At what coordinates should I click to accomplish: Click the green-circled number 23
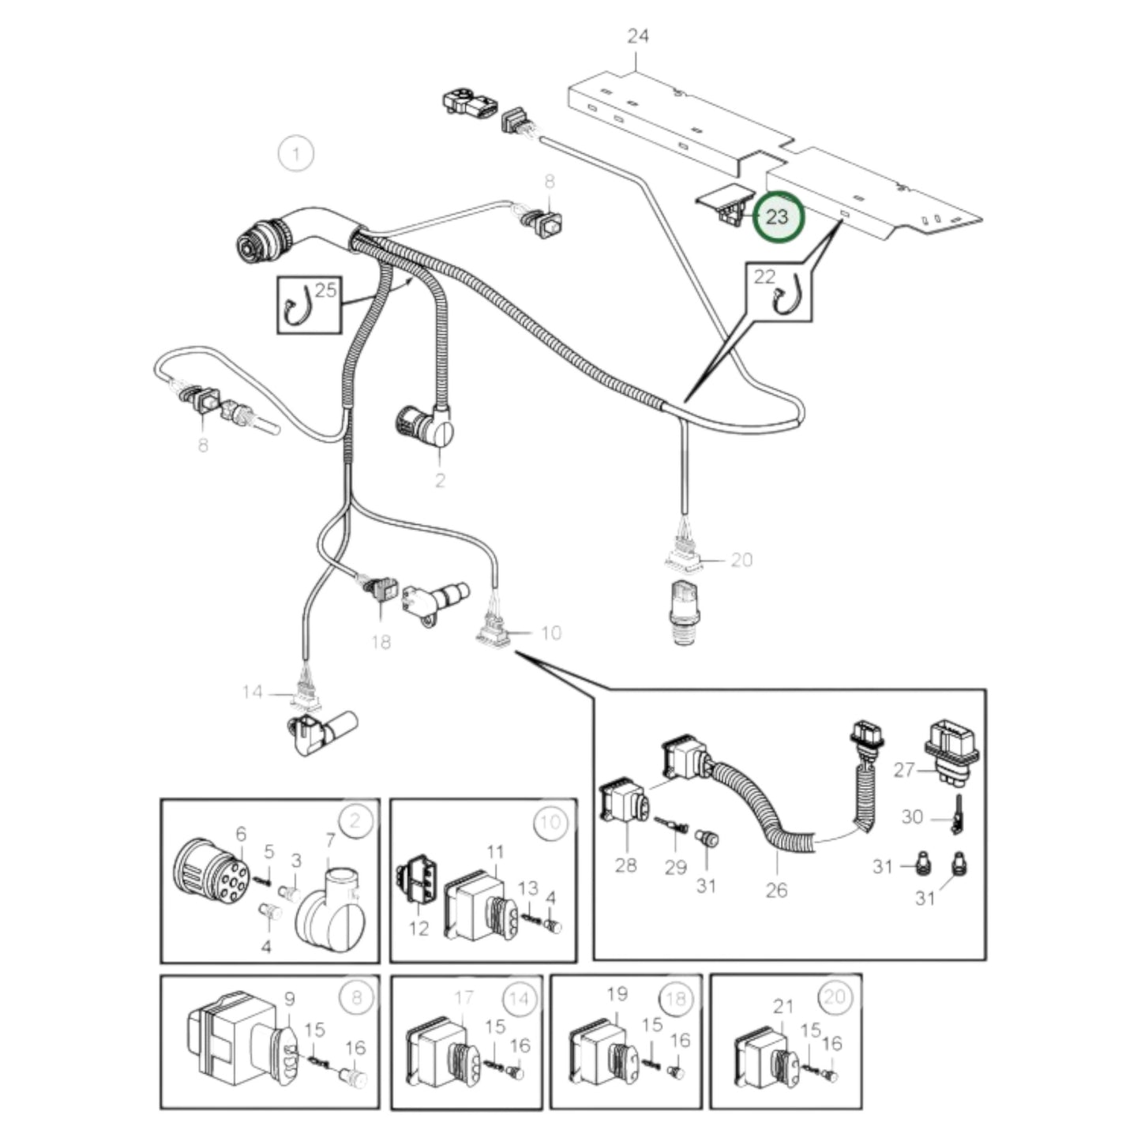click(778, 216)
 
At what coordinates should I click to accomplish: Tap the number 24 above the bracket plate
click(638, 36)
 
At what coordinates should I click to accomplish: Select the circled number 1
click(296, 153)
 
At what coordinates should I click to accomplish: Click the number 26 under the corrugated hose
click(776, 890)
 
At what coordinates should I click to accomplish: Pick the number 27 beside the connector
click(904, 769)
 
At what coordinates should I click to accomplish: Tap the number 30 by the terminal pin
click(912, 816)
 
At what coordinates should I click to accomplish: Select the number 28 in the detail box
click(625, 865)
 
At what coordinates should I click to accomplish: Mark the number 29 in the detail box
click(675, 867)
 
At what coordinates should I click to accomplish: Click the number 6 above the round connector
click(242, 834)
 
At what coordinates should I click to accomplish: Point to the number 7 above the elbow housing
click(330, 841)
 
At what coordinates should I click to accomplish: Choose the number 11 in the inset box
click(495, 852)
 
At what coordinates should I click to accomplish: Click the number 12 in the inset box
click(418, 929)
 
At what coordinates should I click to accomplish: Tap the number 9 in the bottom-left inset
click(289, 999)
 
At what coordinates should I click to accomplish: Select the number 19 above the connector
click(617, 993)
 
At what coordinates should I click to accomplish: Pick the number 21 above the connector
click(783, 1006)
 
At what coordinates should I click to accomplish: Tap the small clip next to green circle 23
click(725, 204)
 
